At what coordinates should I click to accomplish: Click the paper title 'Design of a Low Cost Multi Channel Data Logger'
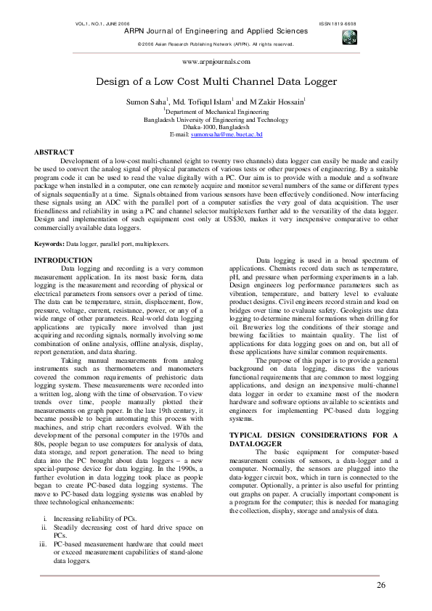point(216,83)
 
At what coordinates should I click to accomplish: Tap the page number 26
point(380,585)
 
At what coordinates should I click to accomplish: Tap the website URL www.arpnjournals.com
point(216,62)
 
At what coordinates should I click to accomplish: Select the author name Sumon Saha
point(147,104)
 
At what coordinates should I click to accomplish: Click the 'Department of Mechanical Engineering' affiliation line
point(216,113)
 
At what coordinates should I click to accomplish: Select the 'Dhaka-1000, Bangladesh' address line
point(216,127)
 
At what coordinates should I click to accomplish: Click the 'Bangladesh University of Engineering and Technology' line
point(216,120)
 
